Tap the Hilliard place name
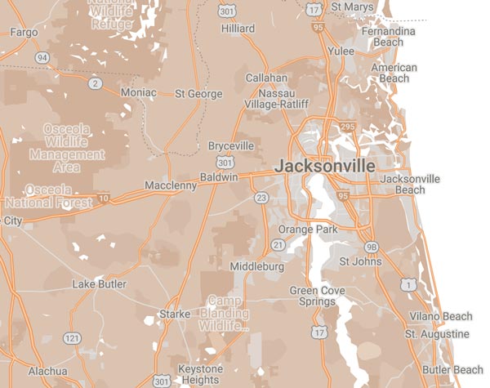tap(238, 29)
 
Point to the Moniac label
tap(138, 93)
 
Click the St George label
tap(198, 93)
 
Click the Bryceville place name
tap(231, 145)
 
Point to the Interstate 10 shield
tap(103, 197)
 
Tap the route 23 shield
tap(261, 198)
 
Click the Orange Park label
tap(307, 230)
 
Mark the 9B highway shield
tap(372, 246)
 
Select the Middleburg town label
tap(257, 266)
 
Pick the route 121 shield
tap(73, 337)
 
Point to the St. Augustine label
tap(437, 334)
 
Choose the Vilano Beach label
tap(440, 316)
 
